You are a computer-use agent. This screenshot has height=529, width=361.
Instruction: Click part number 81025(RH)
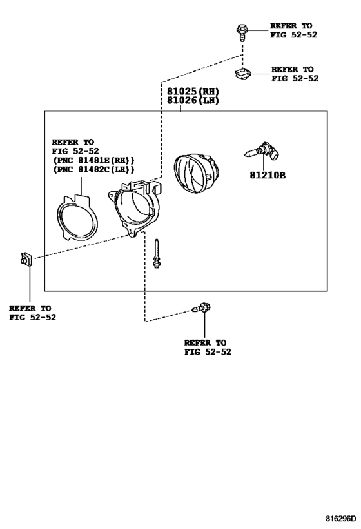pyautogui.click(x=193, y=92)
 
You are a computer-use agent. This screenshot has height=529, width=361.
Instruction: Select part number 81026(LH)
pyautogui.click(x=193, y=100)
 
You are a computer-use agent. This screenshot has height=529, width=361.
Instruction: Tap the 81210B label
pyautogui.click(x=268, y=176)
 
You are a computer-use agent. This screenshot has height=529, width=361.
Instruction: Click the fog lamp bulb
pyautogui.click(x=262, y=151)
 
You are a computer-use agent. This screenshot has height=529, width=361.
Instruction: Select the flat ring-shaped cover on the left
pyautogui.click(x=77, y=217)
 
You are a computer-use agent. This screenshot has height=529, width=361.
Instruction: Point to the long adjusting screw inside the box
pyautogui.click(x=156, y=254)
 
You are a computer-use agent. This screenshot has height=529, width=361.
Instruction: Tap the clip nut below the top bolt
pyautogui.click(x=243, y=74)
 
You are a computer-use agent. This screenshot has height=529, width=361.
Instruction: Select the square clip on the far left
pyautogui.click(x=26, y=260)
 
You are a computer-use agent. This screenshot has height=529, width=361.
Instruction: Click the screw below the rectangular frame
pyautogui.click(x=201, y=308)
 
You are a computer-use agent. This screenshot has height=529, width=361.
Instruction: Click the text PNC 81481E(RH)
pyautogui.click(x=93, y=160)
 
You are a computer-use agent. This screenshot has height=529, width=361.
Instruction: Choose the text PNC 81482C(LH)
pyautogui.click(x=93, y=169)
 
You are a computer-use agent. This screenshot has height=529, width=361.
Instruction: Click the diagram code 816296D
pyautogui.click(x=340, y=518)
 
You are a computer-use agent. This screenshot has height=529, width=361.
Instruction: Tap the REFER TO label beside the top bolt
pyautogui.click(x=291, y=26)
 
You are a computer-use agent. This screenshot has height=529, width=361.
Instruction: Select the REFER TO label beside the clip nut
pyautogui.click(x=292, y=70)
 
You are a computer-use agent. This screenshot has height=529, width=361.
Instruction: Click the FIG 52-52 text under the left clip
pyautogui.click(x=32, y=318)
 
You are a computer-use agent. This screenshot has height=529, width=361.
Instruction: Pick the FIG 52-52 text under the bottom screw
pyautogui.click(x=208, y=352)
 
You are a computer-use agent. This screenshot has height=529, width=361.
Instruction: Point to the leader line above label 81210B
pyautogui.click(x=264, y=162)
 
